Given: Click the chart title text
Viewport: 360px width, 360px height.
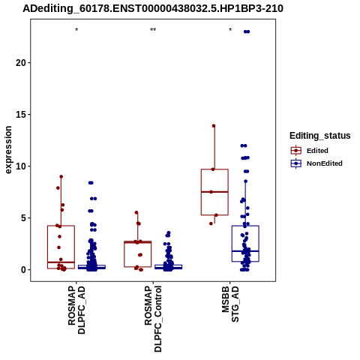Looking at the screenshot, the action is coord(153,9).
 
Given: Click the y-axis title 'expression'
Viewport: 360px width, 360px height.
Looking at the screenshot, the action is coord(8,150).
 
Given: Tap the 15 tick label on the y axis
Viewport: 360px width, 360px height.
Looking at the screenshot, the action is coord(21,115).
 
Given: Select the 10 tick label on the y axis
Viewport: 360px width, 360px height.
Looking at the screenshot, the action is coord(21,166).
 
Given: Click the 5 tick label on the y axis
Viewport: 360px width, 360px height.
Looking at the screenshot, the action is coord(24,218).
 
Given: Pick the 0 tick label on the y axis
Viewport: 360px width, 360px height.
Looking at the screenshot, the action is coord(24,270).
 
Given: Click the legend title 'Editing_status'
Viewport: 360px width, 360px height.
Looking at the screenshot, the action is coord(320,136).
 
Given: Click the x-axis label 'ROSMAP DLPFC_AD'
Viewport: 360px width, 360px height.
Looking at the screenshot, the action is coord(76,310).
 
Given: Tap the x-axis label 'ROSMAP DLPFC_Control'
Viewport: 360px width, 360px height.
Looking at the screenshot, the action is coord(153,319).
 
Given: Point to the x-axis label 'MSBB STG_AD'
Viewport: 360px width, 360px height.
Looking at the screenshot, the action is coord(230,304).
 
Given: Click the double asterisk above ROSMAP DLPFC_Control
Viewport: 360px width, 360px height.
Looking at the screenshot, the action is coord(153,30).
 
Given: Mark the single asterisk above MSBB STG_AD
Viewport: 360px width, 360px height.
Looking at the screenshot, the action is coord(230,30).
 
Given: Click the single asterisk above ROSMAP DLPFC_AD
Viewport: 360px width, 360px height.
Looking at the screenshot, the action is coord(76,30).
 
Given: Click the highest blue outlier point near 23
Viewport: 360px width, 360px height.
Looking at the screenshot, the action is coord(247,31).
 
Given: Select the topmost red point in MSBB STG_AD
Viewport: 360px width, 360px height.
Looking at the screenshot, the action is coord(214,126).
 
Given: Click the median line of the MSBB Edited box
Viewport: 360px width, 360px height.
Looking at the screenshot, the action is coord(214,192).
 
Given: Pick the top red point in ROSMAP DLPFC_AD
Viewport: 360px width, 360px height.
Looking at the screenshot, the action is coord(61,177).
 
